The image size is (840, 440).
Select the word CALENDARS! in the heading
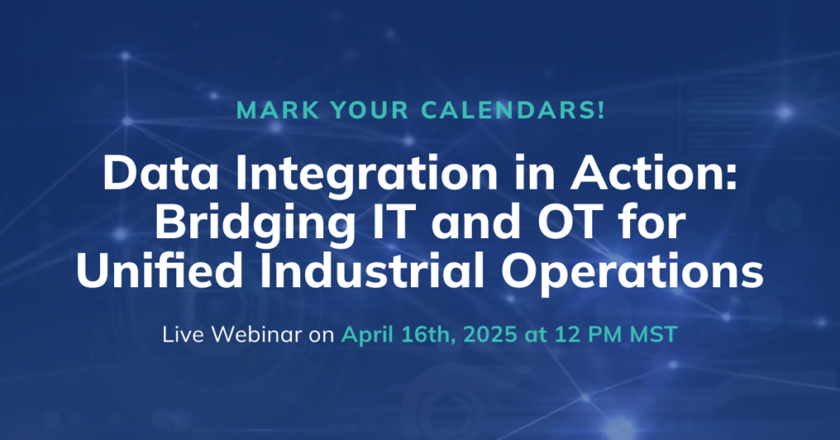[514, 110]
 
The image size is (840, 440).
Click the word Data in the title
[161, 173]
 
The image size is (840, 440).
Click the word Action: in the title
[654, 173]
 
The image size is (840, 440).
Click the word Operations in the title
[632, 272]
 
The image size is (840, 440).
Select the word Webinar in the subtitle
[257, 334]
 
